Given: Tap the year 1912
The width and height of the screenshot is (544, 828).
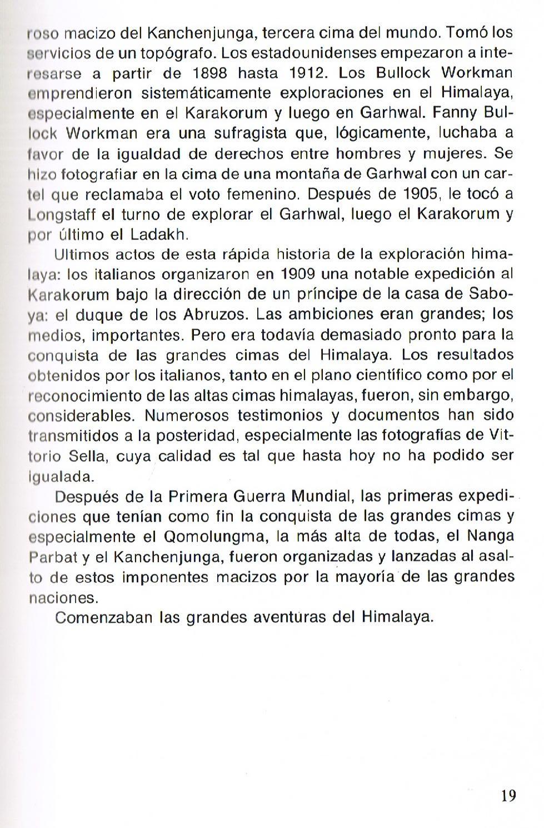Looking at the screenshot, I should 308,73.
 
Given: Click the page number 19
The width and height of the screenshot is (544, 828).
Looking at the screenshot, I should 508,796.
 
